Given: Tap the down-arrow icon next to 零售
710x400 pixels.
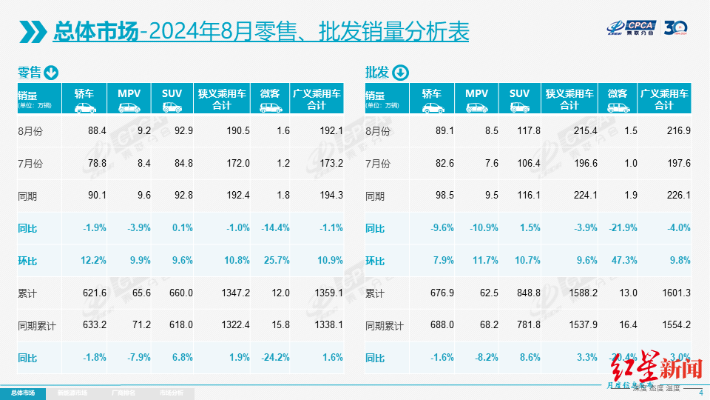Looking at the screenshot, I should [51, 73].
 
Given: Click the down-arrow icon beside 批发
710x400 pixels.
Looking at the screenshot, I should [399, 73].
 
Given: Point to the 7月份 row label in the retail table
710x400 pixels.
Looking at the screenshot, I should [30, 163].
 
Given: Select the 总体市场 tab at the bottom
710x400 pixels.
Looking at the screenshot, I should [22, 393].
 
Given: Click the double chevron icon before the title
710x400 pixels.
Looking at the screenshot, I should [33, 32].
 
